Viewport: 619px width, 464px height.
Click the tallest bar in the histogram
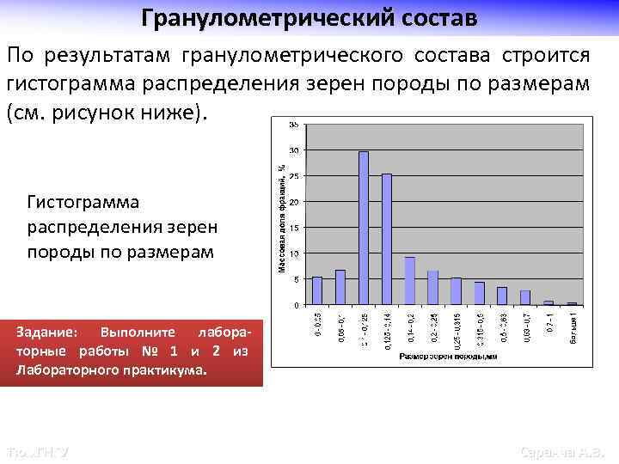[x=364, y=228]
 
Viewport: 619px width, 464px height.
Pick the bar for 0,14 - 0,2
[x=410, y=281]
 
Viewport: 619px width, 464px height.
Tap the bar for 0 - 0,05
[x=317, y=291]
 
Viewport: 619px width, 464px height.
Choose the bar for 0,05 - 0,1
[x=340, y=288]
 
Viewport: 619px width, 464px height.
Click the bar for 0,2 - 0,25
[x=433, y=288]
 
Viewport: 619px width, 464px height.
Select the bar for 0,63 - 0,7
[x=525, y=298]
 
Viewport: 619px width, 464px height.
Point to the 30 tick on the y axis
[x=295, y=150]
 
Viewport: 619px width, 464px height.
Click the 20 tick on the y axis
[x=295, y=202]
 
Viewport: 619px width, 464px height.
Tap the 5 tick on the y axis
[x=297, y=279]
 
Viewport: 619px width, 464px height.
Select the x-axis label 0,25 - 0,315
[x=457, y=329]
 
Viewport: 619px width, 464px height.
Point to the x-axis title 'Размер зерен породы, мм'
[x=446, y=355]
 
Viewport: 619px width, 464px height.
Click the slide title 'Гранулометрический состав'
[x=309, y=17]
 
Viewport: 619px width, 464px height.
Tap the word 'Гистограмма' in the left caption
[x=83, y=202]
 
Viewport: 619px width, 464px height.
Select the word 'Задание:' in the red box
[x=47, y=332]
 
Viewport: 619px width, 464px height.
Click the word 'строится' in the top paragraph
[x=542, y=56]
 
